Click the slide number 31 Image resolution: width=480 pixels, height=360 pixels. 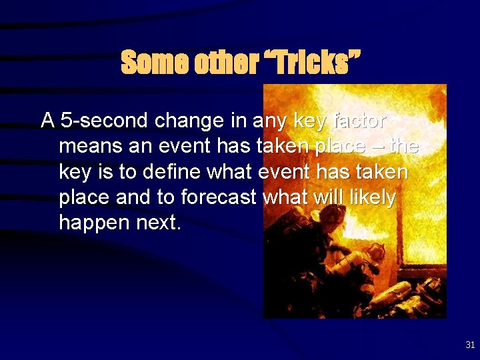coord(470,345)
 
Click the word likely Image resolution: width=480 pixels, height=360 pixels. coord(372,198)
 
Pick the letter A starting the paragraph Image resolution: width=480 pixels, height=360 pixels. coord(47,121)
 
